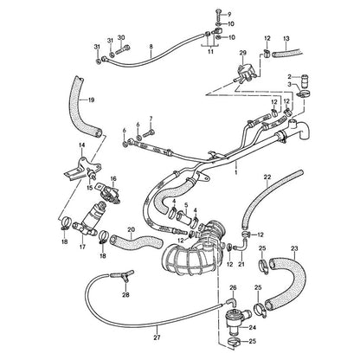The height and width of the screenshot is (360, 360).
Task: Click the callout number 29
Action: point(243,53)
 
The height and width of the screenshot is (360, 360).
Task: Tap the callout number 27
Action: point(157,337)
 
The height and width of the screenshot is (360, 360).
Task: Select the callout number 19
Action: point(91,100)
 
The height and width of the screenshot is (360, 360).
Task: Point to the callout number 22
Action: point(267,177)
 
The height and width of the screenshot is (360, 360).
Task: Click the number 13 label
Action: point(286,38)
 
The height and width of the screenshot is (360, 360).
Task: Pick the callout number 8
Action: point(151,47)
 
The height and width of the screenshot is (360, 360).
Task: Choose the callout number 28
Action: point(125,294)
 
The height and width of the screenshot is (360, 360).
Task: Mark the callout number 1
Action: point(236,172)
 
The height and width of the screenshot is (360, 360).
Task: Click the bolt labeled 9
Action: point(218,14)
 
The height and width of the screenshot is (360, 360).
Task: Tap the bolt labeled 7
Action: point(148,133)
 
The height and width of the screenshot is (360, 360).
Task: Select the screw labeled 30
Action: point(123,51)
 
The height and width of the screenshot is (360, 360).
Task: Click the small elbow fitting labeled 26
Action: point(232,302)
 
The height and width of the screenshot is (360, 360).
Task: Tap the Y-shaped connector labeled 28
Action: point(122,275)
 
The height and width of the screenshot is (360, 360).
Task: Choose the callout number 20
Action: point(131,229)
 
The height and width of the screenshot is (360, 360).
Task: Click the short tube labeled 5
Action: point(183,217)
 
